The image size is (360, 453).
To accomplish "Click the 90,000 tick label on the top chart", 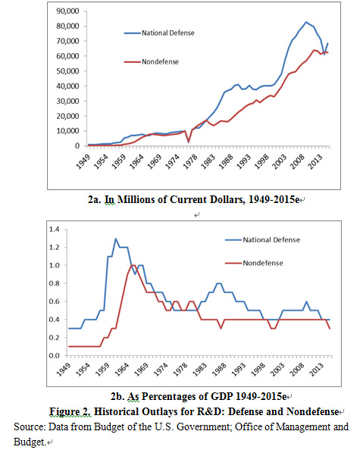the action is click(x=68, y=11).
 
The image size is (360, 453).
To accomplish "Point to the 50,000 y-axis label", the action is click(x=68, y=71).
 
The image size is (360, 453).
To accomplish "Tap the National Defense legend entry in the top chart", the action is click(x=159, y=33).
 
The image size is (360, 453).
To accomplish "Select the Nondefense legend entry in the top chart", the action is click(x=152, y=61).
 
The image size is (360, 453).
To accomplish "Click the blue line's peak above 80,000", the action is click(x=306, y=22).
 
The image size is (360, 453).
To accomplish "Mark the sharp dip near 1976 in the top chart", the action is click(x=189, y=142).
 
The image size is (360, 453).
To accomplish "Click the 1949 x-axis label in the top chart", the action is click(x=83, y=161).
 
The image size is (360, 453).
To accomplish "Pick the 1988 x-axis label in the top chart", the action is click(x=226, y=161).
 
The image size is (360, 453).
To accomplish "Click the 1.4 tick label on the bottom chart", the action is click(x=54, y=230).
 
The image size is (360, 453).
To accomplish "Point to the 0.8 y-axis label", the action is click(x=54, y=283).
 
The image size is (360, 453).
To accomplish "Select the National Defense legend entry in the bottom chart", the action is click(x=263, y=240).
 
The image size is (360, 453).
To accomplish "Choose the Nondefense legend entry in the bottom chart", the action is click(x=254, y=263).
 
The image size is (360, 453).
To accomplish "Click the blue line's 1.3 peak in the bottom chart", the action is click(x=116, y=239).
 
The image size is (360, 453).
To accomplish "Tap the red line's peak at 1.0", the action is click(x=133, y=265).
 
